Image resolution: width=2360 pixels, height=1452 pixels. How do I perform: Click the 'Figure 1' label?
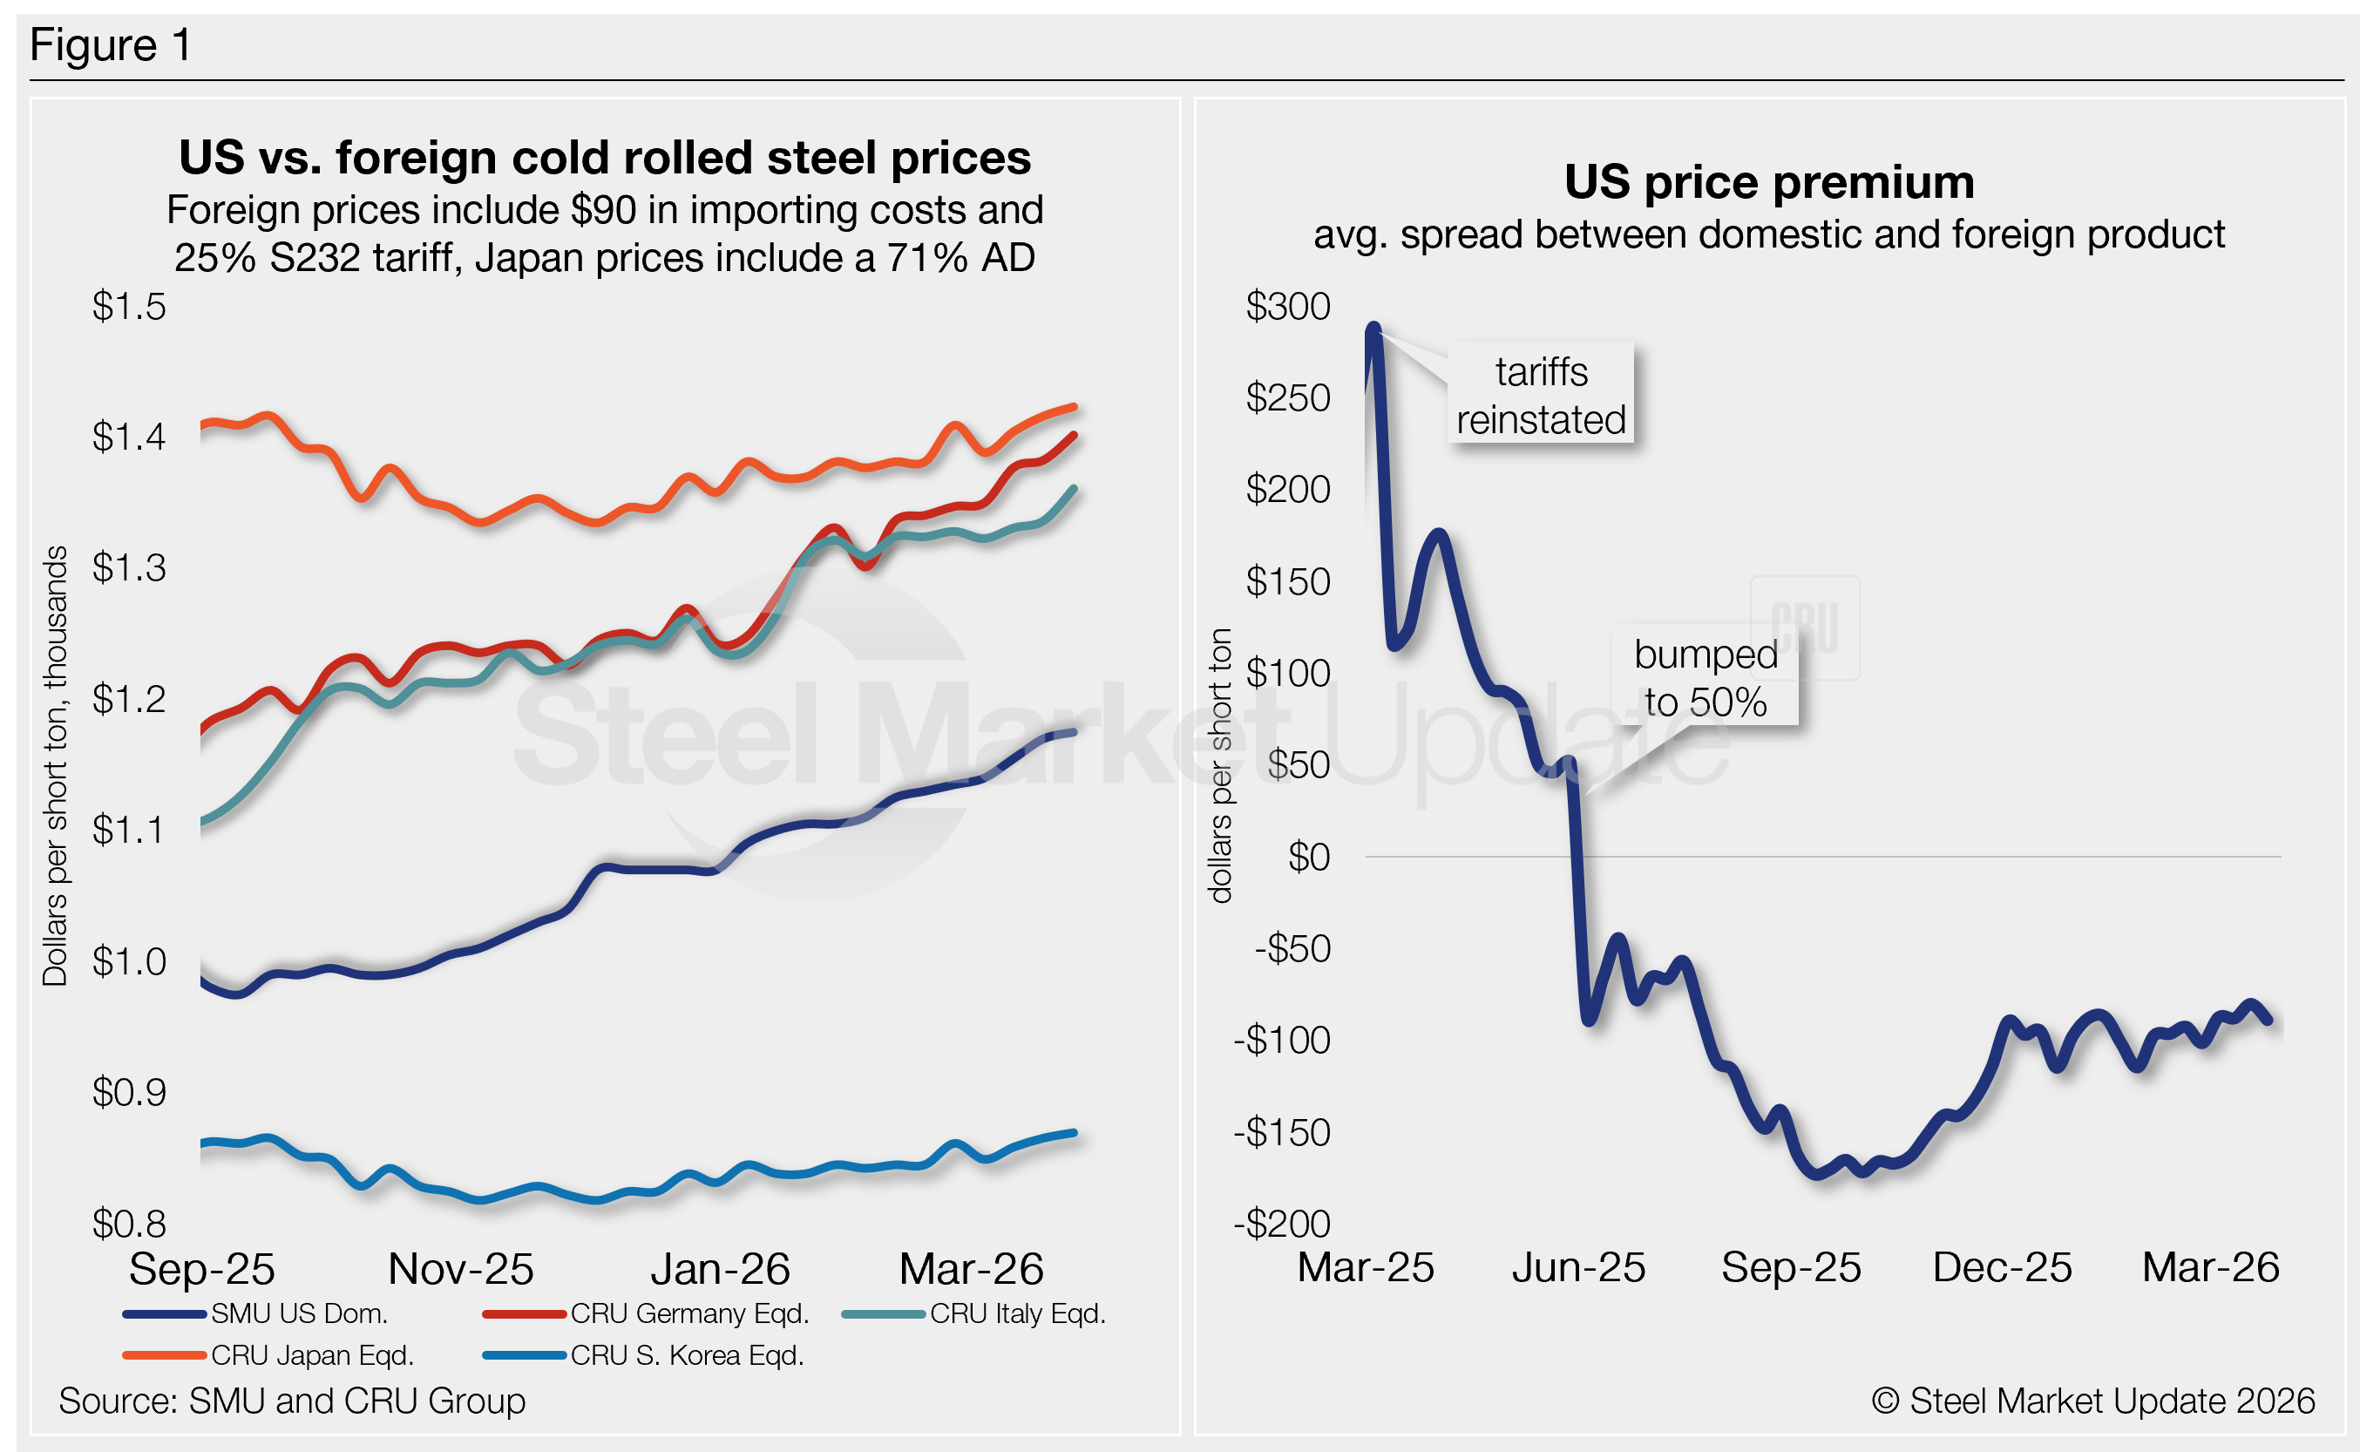click(111, 45)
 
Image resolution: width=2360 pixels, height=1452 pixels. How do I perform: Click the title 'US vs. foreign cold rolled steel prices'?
click(605, 158)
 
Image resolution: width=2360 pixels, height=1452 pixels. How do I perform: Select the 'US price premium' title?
click(1768, 181)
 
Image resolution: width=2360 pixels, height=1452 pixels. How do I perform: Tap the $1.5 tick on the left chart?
click(129, 306)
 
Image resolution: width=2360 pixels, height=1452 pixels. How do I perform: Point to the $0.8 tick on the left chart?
click(129, 1224)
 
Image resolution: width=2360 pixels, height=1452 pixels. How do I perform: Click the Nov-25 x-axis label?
click(461, 1269)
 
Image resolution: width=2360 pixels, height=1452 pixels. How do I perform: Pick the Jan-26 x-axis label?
click(720, 1269)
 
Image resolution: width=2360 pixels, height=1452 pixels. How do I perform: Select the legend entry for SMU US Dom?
click(299, 1313)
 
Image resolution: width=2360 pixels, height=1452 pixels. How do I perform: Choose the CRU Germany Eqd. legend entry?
click(689, 1313)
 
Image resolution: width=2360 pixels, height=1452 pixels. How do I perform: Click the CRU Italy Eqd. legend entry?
click(1018, 1313)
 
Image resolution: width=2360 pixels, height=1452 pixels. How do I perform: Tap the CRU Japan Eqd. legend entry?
click(312, 1355)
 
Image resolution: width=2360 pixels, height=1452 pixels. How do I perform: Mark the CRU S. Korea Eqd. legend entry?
click(687, 1355)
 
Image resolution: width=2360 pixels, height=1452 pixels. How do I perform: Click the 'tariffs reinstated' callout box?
click(1541, 395)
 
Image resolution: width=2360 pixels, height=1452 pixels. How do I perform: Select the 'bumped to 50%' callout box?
click(1706, 677)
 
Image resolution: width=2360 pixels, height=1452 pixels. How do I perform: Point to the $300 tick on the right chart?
click(1287, 306)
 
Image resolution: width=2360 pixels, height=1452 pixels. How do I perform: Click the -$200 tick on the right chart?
click(1282, 1224)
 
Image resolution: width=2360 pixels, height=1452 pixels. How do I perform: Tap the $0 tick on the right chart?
click(1309, 857)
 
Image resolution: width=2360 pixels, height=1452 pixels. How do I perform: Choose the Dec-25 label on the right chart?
click(2002, 1266)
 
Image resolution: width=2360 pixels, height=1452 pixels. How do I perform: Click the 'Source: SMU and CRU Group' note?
click(292, 1400)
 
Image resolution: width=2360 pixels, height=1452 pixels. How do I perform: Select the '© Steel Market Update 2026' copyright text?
click(2093, 1400)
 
